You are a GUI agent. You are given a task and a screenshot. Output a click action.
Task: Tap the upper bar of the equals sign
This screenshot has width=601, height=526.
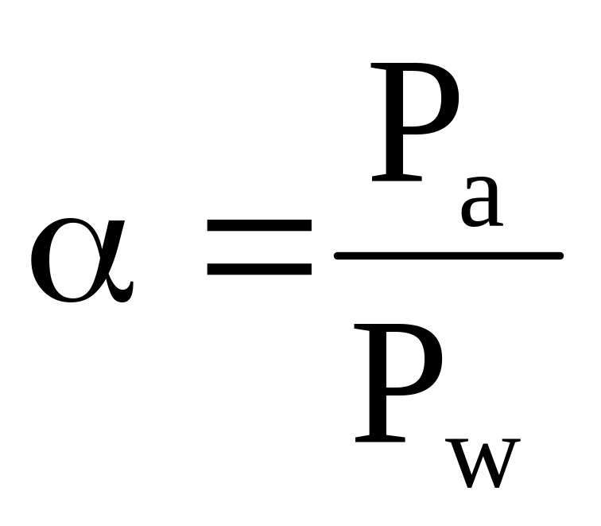pos(258,225)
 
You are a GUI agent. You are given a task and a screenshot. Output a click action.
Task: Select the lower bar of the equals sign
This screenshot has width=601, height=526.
pos(258,269)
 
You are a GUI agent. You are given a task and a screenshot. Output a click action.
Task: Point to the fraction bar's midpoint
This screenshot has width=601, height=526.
pos(449,255)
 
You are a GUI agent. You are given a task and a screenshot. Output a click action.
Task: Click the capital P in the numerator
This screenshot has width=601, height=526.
pos(413,127)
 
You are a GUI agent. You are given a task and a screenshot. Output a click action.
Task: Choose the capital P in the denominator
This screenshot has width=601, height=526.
pos(397,382)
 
